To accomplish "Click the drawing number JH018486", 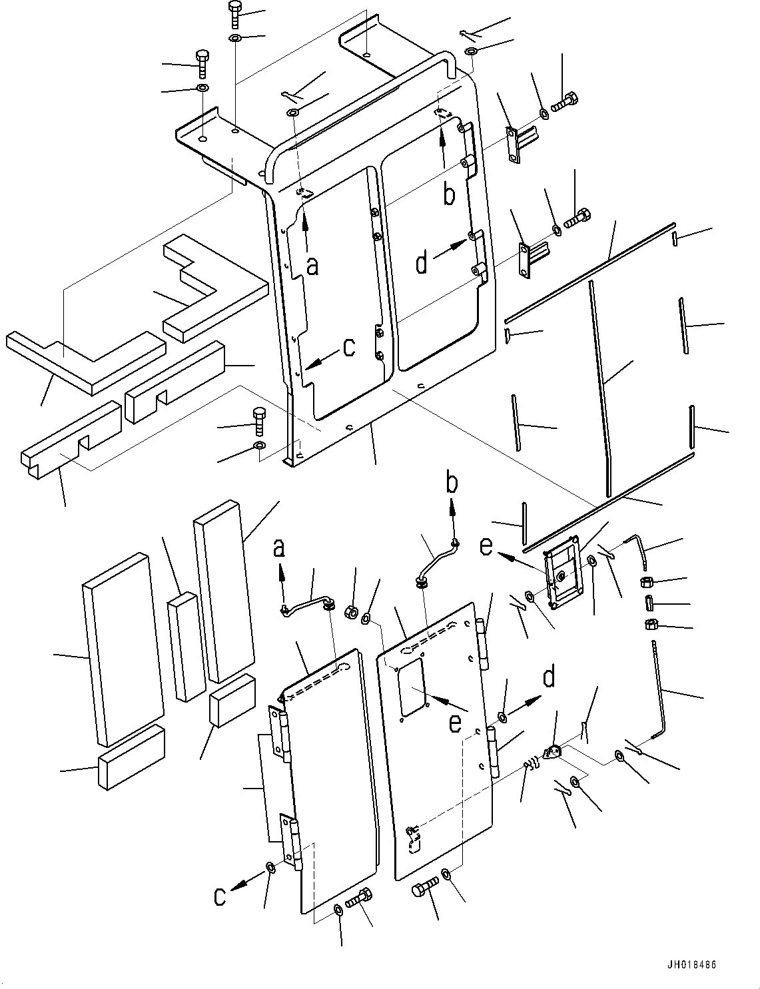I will pyautogui.click(x=689, y=965).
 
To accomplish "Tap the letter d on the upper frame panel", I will pyautogui.click(x=422, y=264).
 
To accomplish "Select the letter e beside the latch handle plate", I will pyautogui.click(x=486, y=547).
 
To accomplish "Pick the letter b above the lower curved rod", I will pyautogui.click(x=452, y=484).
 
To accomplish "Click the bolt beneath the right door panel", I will pyautogui.click(x=425, y=890).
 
